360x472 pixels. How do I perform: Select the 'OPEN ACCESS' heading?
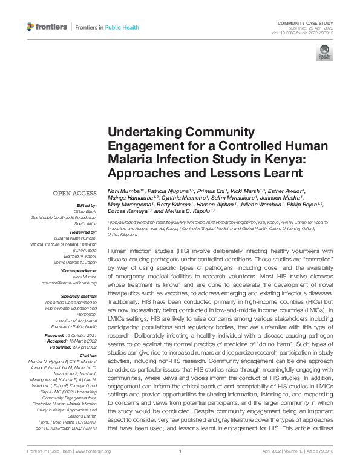(75, 193)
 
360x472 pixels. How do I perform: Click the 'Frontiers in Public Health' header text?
(106, 27)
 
